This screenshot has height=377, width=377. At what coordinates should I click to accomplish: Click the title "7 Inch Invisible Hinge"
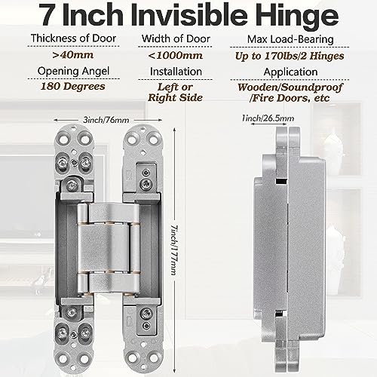tap(188, 17)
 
